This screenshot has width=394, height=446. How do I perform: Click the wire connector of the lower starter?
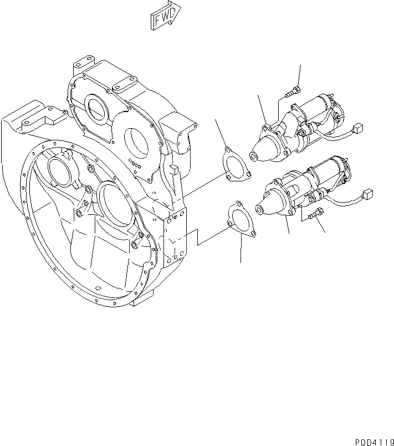coord(367,195)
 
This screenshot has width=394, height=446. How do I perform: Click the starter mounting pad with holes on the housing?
coord(177,236)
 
